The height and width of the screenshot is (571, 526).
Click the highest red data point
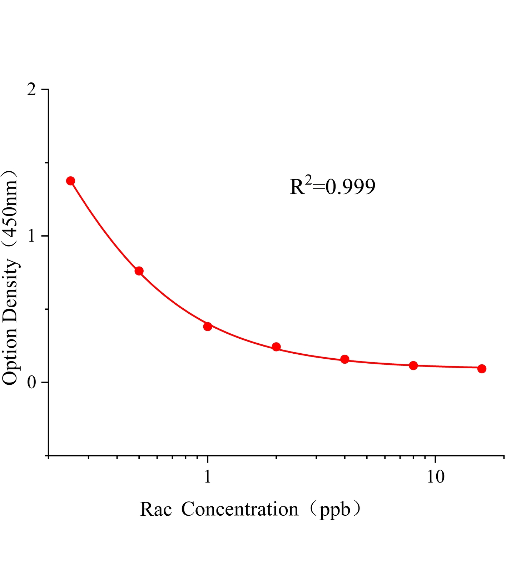coord(71,181)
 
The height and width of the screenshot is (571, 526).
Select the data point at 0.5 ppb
coord(139,271)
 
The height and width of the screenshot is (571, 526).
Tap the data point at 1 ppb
coord(208,326)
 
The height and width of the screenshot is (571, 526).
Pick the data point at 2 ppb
coord(276,347)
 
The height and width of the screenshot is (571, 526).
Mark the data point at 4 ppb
coord(345,359)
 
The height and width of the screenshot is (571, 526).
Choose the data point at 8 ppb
coord(413,365)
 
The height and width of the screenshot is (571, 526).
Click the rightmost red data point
coord(482,369)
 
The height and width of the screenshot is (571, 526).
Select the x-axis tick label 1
coord(208,477)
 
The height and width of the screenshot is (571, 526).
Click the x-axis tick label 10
coord(436,477)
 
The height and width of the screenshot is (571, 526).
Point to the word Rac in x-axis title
coord(155,509)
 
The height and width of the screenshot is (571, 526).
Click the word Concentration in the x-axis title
coord(240,509)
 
